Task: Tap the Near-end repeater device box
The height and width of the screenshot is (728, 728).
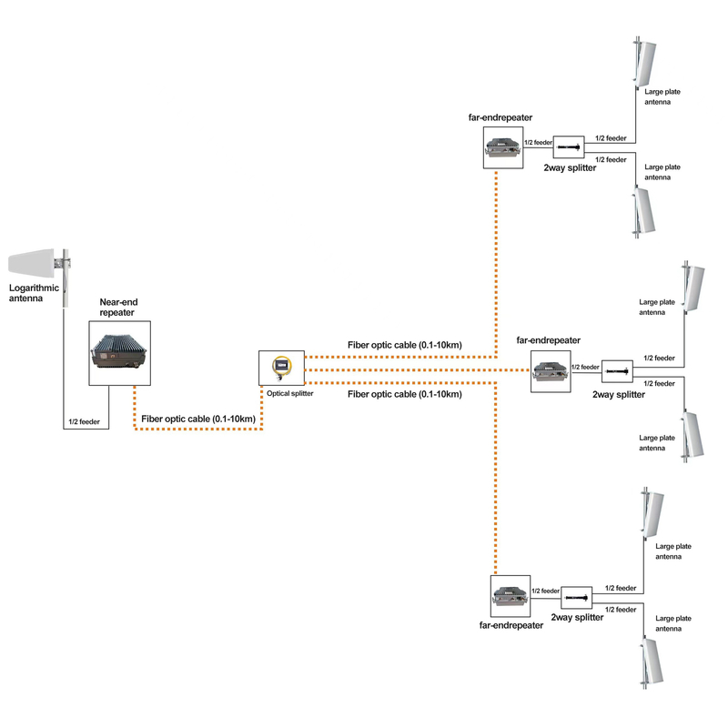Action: point(120,353)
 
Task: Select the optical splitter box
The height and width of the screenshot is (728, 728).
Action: point(281,368)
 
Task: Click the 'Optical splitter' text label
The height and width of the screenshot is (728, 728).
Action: point(289,393)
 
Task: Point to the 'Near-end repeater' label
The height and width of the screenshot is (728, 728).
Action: point(118,308)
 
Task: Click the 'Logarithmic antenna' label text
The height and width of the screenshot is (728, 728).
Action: point(34,293)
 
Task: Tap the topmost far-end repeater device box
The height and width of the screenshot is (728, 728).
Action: point(503,147)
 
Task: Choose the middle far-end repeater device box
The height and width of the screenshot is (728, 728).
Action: point(551,371)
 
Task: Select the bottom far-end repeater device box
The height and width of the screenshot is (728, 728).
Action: point(511,596)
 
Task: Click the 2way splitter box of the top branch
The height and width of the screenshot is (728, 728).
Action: point(569,147)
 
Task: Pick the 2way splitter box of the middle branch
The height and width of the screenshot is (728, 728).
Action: point(617,371)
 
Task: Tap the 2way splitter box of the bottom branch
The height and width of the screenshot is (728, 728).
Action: point(577,598)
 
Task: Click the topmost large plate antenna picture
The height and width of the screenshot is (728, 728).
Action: point(644,62)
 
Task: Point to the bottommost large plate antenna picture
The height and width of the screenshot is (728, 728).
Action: point(651,663)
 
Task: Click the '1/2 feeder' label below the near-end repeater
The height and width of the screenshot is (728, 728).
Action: point(84,421)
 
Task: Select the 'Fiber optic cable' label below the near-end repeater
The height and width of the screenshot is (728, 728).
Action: point(198,419)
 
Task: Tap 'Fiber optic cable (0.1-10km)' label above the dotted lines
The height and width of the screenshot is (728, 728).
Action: point(405,345)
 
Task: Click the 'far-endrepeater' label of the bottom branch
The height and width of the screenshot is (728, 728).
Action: point(511,625)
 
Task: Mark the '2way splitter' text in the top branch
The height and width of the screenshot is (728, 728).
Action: point(570,168)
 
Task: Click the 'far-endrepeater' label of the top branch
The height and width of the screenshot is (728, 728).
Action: point(500,117)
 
